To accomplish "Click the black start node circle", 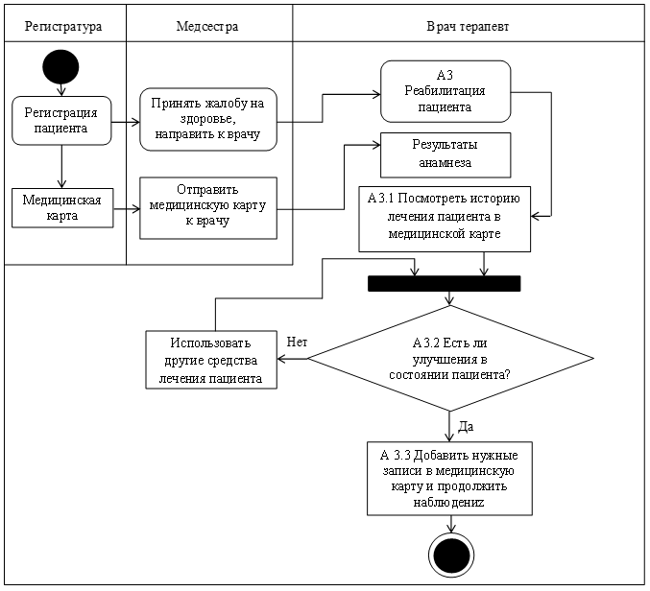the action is (x=60, y=67).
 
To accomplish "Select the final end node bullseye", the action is (x=451, y=555).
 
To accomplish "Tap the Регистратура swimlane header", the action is (x=63, y=27).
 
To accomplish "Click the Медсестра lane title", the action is (x=207, y=27).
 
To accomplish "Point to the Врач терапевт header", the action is (x=468, y=27).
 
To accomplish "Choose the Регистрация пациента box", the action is (x=61, y=121).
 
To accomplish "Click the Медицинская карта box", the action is (x=62, y=208).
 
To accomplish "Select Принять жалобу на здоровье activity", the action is (x=208, y=119).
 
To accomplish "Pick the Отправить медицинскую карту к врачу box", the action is (x=208, y=208).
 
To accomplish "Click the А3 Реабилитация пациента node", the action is (x=445, y=91).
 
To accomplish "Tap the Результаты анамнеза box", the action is (x=445, y=154).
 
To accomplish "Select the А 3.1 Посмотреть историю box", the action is (x=445, y=219).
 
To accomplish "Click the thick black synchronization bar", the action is (x=444, y=284).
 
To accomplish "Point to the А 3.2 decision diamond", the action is (x=450, y=358).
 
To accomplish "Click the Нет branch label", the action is (x=297, y=343).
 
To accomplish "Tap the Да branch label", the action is (x=466, y=427).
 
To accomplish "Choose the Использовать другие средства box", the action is (x=211, y=360).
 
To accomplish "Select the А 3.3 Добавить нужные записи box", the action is (x=449, y=479).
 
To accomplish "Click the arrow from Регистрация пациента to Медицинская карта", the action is (x=61, y=167).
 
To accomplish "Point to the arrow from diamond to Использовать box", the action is (x=292, y=359).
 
